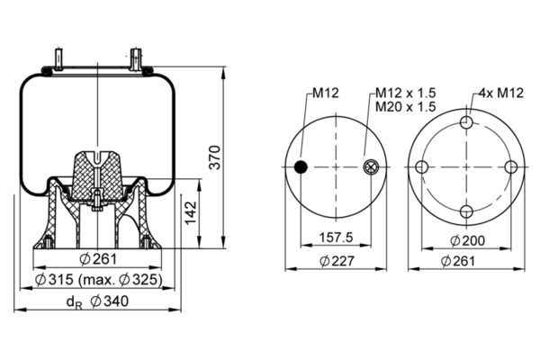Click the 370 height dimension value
click(216, 157)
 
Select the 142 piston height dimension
click(191, 213)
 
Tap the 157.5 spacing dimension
click(336, 238)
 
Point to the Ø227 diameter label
click(337, 261)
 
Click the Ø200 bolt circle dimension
click(467, 241)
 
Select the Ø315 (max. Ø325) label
click(98, 280)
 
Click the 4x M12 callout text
click(501, 93)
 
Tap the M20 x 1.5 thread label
click(405, 107)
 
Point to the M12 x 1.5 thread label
click(405, 93)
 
